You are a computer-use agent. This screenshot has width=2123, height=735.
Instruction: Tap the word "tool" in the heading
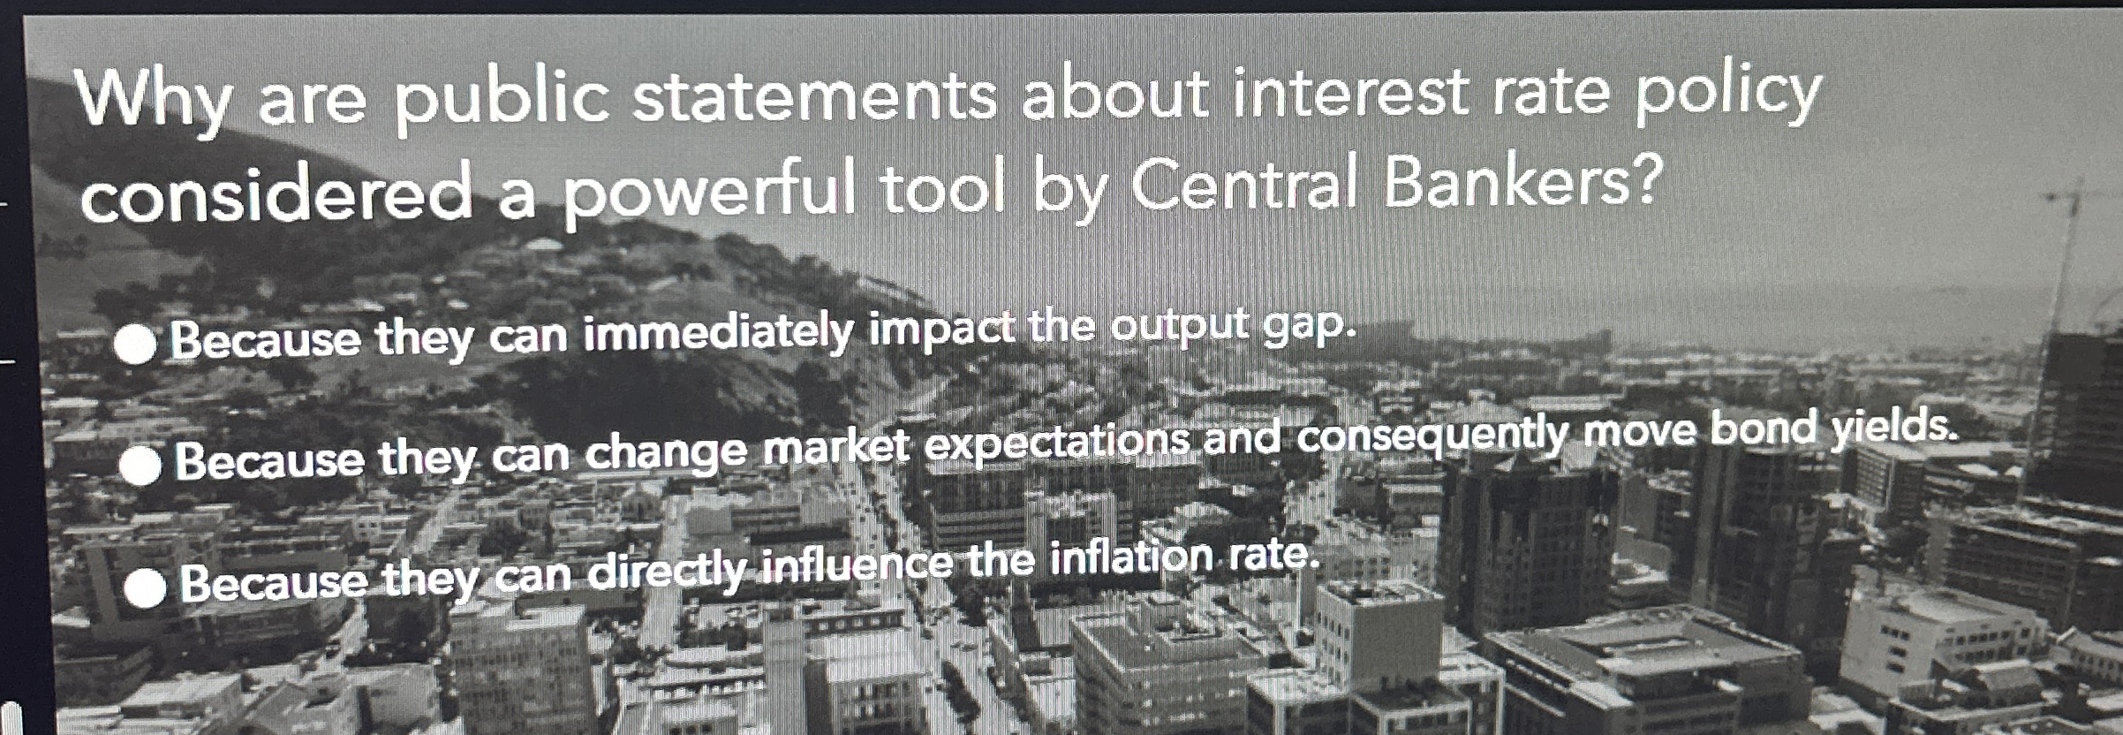942,189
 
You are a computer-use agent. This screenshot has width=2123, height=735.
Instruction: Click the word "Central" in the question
1246,185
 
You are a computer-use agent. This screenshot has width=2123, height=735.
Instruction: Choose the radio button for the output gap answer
136,345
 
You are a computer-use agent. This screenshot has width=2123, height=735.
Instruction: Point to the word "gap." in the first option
1308,324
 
